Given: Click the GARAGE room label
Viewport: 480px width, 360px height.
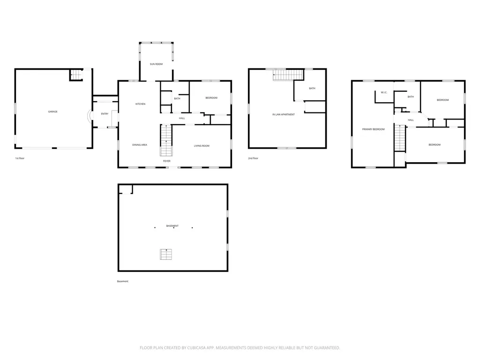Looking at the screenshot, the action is (52, 112).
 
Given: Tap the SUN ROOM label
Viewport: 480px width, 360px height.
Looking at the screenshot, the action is (156, 64).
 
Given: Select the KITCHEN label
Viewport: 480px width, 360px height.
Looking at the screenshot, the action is (141, 104).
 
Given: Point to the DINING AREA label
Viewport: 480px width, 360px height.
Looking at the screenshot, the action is (140, 145).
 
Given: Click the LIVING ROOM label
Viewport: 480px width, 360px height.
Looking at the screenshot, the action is (202, 146).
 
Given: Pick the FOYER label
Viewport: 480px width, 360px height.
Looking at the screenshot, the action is (167, 161).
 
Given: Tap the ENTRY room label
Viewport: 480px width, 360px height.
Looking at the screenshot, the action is (105, 114).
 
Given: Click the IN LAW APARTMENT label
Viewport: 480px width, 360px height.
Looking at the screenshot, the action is (284, 114).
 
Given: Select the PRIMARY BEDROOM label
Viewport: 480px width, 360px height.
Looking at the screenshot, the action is (374, 129).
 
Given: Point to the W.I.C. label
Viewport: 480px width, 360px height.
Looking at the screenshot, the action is (384, 92).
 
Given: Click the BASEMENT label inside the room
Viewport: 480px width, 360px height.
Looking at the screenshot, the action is (172, 226).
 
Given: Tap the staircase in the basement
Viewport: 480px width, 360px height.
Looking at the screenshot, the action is (166, 255).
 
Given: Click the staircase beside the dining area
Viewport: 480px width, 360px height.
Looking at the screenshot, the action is (166, 140).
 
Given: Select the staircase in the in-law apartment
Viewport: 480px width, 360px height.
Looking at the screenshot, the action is (288, 75).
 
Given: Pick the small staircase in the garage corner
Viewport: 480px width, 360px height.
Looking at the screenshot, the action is (77, 75).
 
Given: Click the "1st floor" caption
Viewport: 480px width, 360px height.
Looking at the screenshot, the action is (20, 158).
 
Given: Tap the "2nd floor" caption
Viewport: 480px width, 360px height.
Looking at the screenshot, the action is (253, 158).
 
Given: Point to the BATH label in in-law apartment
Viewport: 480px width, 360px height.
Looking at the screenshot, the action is (312, 89).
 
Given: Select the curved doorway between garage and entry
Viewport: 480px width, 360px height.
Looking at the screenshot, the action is (89, 116).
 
